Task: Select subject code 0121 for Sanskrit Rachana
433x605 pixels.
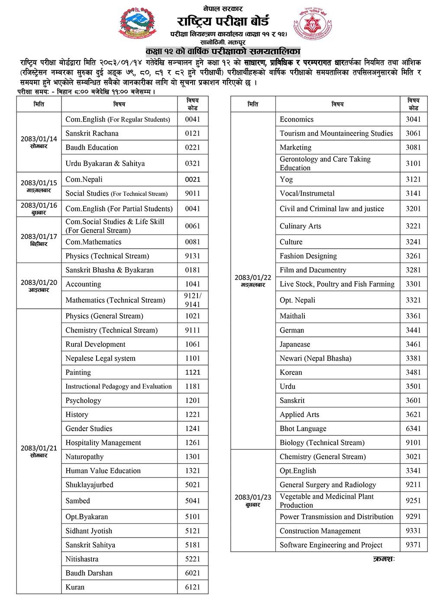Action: tap(193, 133)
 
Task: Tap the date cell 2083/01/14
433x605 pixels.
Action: tap(39, 142)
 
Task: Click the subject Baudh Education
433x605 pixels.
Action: tap(92, 147)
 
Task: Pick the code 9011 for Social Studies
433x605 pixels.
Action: tap(193, 193)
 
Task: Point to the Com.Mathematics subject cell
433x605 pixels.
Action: tap(94, 242)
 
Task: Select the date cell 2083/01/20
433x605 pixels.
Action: tap(39, 285)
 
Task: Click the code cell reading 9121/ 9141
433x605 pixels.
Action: tap(193, 300)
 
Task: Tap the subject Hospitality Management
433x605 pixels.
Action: tap(103, 442)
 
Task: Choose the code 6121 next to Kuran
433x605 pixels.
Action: tap(193, 587)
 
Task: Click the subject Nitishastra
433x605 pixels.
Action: tap(82, 559)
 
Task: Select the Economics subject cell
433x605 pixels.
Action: tap(297, 119)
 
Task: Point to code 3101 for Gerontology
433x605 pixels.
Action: tap(413, 163)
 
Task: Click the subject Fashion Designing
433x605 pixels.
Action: tap(308, 256)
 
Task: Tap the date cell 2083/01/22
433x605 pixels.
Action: tap(253, 280)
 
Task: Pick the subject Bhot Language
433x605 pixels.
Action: tap(303, 429)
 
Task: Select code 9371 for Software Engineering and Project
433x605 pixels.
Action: tap(413, 545)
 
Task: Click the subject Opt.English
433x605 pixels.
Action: tap(298, 471)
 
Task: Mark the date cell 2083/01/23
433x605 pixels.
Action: tap(253, 500)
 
